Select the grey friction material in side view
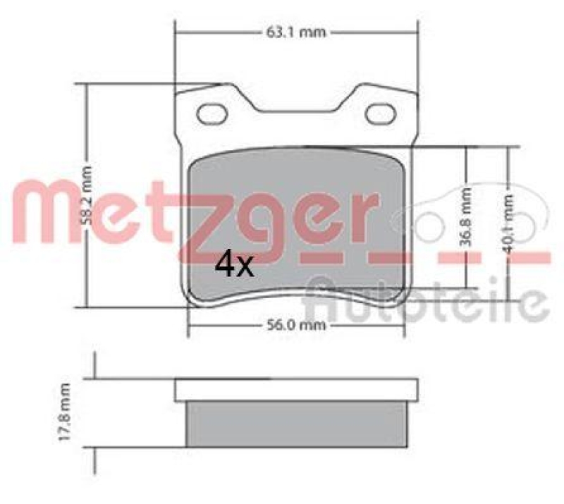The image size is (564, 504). coord(296,424)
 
